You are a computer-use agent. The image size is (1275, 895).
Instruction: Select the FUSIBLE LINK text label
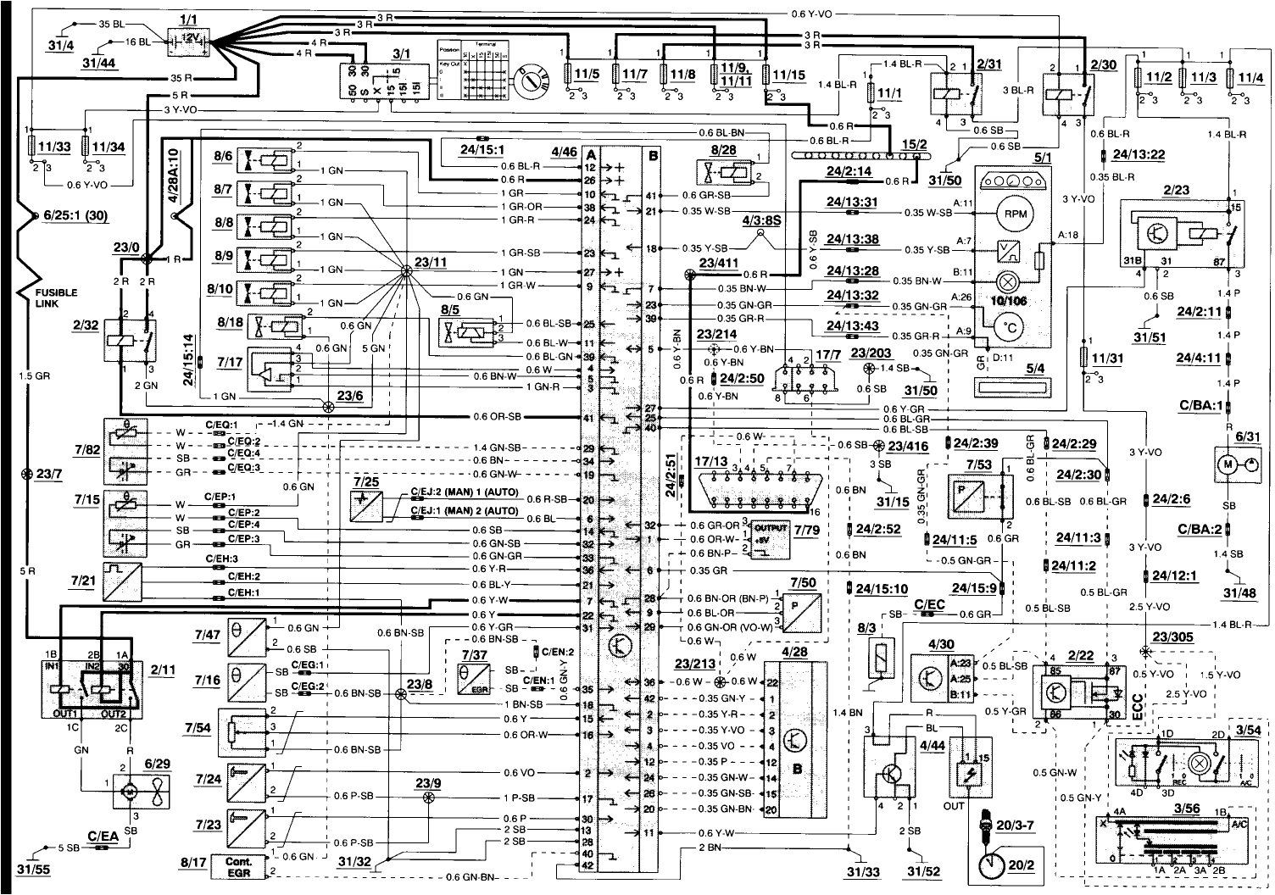tap(57, 297)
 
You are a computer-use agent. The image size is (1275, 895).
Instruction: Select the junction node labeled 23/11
tap(406, 270)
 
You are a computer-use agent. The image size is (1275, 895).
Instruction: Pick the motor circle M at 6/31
tap(1228, 464)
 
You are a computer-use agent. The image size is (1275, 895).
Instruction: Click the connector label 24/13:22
tap(1136, 154)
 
